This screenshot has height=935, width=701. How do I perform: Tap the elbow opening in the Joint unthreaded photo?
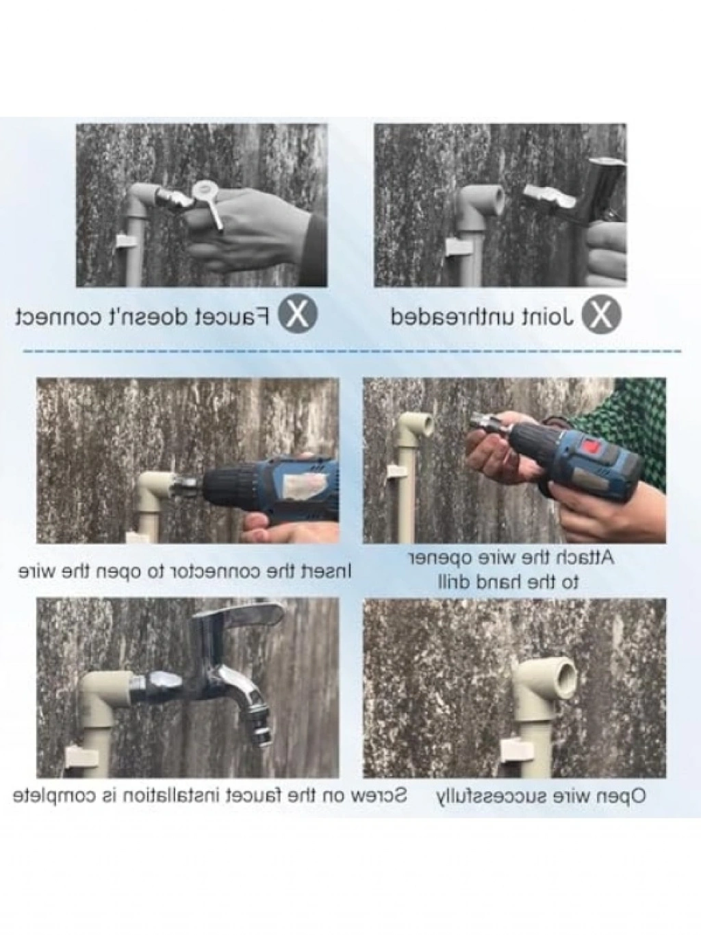(498, 197)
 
